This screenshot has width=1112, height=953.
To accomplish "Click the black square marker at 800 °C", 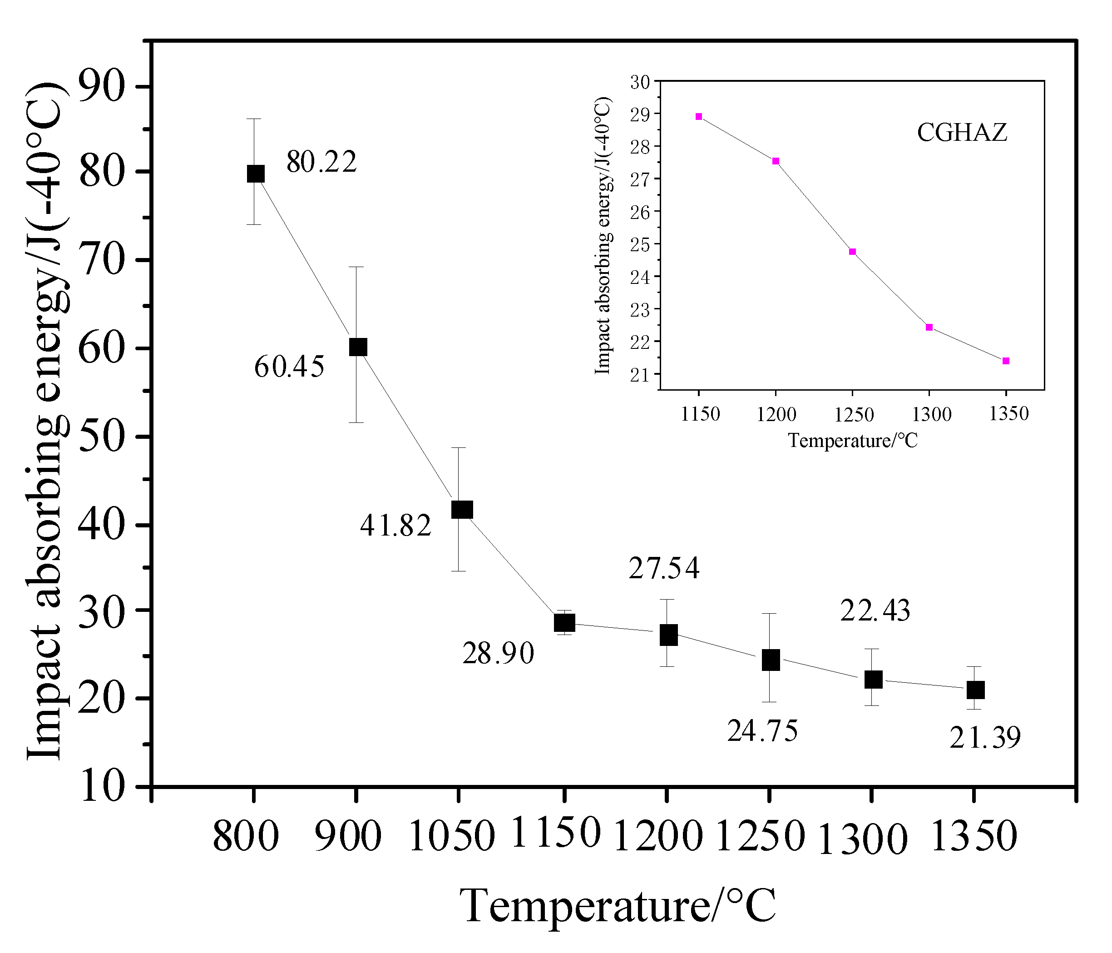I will (x=256, y=174).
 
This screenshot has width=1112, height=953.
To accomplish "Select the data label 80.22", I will (x=321, y=162).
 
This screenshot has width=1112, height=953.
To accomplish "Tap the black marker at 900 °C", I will (x=358, y=347).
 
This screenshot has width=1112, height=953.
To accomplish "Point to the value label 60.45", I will (x=289, y=367).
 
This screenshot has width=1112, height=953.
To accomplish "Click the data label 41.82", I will (x=395, y=525).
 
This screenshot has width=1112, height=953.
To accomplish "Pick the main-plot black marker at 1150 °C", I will (x=564, y=623).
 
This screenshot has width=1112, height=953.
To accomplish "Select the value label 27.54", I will (x=664, y=568).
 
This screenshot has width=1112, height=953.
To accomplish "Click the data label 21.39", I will (x=985, y=737).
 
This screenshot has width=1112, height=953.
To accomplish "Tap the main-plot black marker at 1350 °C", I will (x=975, y=690).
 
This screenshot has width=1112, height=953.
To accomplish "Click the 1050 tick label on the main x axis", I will (x=451, y=837).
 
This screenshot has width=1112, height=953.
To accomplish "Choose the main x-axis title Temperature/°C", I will (x=618, y=906).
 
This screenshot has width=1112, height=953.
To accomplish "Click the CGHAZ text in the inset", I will (x=962, y=132).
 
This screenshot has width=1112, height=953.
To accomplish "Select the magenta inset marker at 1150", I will (x=699, y=116).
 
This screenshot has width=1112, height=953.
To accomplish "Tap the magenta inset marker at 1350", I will (x=1006, y=361).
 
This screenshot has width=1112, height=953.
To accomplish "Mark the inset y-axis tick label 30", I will (x=640, y=82).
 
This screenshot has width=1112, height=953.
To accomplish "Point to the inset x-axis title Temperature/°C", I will (x=853, y=441).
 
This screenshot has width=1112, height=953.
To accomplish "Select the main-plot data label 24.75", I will (x=762, y=731).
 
